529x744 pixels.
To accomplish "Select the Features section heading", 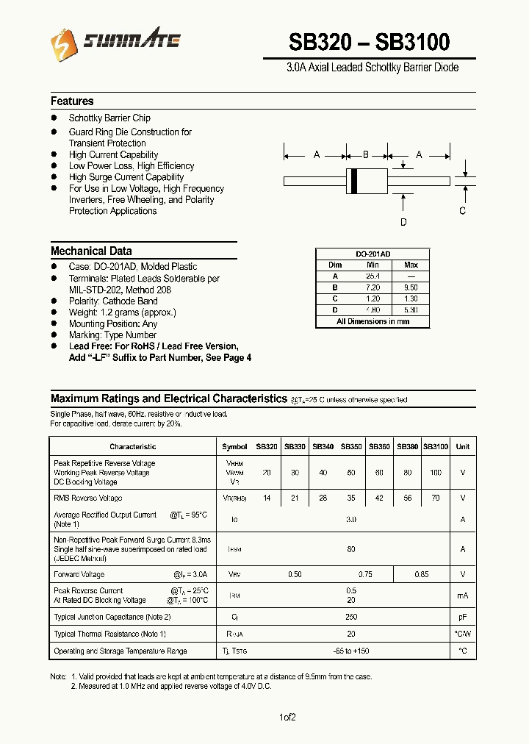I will click(x=72, y=101).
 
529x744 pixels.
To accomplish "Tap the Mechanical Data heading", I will click(x=91, y=251).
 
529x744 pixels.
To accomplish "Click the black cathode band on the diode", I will click(x=354, y=181).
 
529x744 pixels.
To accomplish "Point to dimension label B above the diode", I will click(x=366, y=155).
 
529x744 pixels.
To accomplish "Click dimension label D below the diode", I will click(x=403, y=222).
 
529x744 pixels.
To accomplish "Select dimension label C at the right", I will click(x=462, y=211).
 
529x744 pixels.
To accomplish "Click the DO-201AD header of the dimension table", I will click(x=373, y=254).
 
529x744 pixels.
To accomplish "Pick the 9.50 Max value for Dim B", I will click(x=411, y=288).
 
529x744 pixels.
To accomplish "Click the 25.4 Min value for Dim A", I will click(x=373, y=276).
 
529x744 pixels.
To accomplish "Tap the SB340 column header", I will click(x=323, y=447).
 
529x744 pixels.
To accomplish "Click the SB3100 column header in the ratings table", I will click(x=436, y=447).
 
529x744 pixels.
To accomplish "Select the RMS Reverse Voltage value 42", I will click(x=379, y=498).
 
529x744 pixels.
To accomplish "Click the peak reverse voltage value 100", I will click(x=436, y=473).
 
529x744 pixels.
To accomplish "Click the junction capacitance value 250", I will click(x=351, y=618).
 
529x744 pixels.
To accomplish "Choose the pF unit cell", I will click(x=462, y=618).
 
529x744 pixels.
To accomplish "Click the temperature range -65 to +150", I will click(x=351, y=651).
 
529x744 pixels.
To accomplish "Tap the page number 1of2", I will click(x=287, y=718).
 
